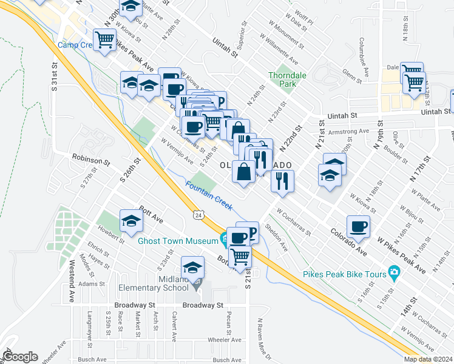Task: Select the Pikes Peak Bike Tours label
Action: (345, 274)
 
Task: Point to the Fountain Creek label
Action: (209, 197)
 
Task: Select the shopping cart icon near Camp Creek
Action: (105, 40)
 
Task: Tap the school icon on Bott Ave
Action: (131, 221)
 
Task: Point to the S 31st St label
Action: (54, 76)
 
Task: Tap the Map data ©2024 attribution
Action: (429, 359)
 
